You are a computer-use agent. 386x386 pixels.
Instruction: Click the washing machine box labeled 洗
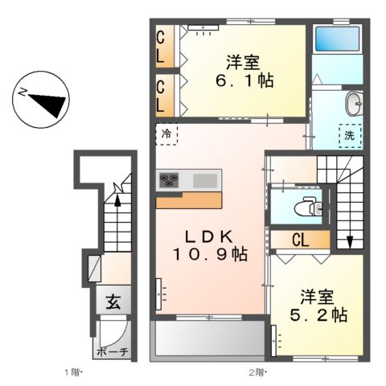coord(350,136)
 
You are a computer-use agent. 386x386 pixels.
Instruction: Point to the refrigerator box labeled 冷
coord(166,136)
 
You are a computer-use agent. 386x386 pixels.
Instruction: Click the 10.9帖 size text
coord(211,254)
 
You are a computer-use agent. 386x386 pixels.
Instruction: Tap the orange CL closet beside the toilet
coord(300,239)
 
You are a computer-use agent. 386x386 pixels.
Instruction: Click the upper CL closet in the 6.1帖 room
coord(161,47)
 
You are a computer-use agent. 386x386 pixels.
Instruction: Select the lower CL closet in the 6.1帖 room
coord(161,95)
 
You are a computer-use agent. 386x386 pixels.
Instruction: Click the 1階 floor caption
coord(74,373)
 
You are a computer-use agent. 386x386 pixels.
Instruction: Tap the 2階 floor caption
coord(256,373)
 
